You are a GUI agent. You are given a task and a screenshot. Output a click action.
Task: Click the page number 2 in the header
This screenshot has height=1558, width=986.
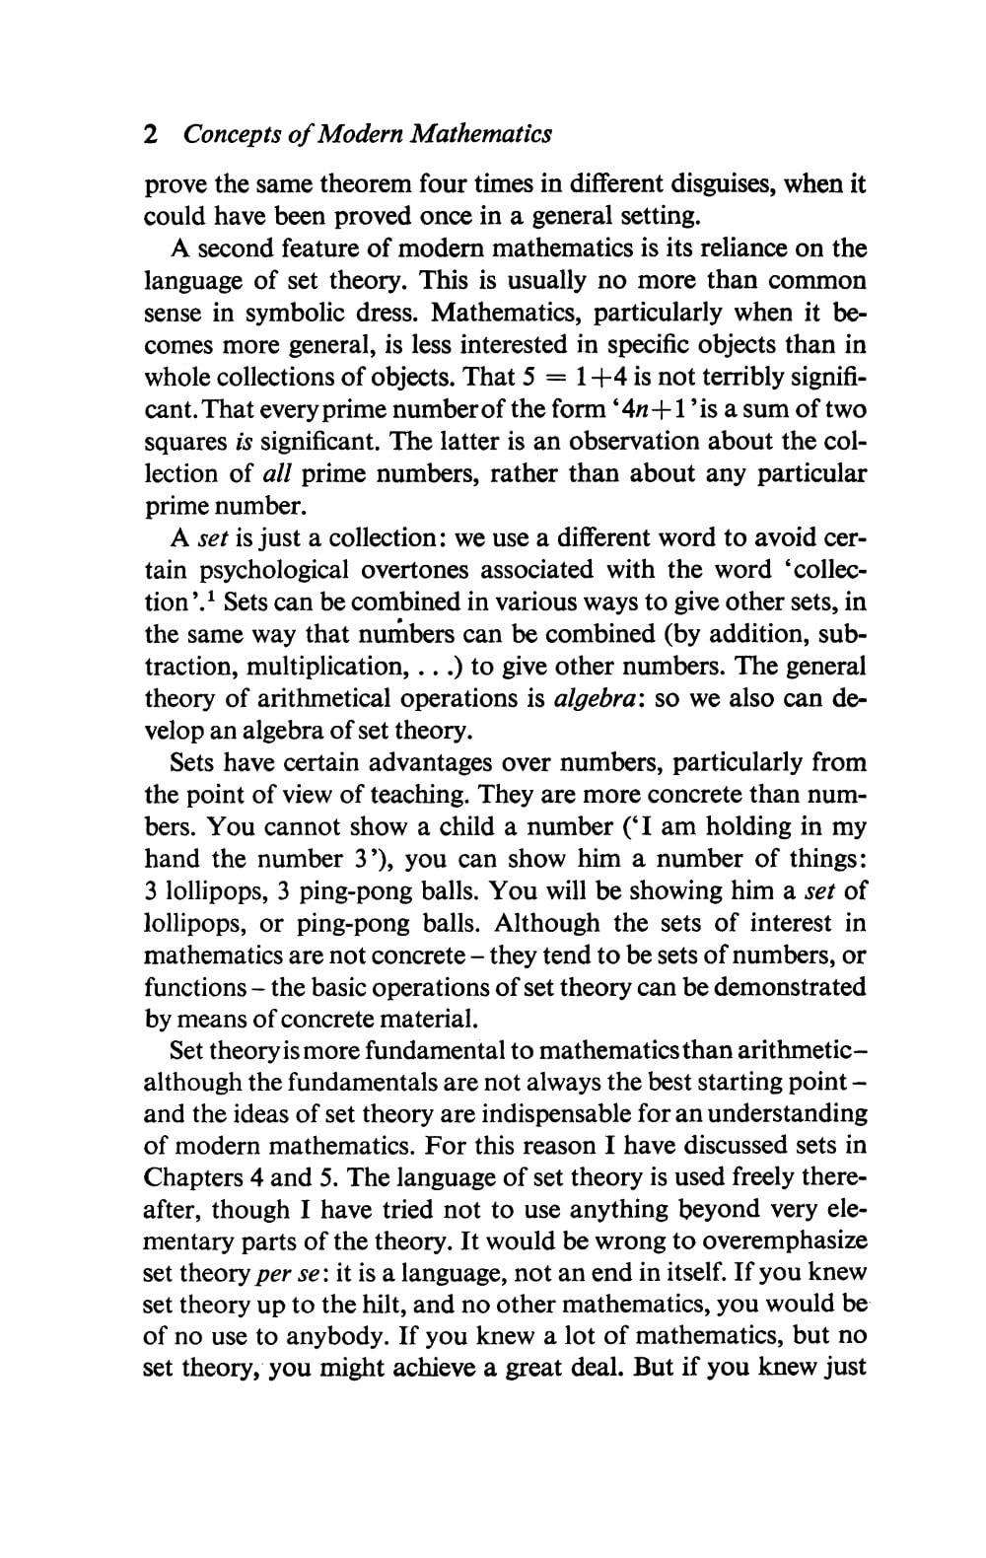[x=151, y=134]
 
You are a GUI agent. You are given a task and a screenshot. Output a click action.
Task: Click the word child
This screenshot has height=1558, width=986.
[x=505, y=826]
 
